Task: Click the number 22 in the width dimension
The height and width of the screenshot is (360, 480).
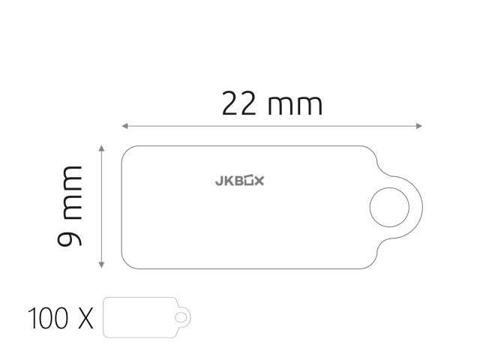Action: click(x=238, y=103)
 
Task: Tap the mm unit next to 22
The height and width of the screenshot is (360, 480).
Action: click(x=295, y=106)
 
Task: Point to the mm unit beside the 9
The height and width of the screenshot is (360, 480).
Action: click(x=72, y=193)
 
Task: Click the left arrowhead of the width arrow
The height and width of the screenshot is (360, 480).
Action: click(x=125, y=126)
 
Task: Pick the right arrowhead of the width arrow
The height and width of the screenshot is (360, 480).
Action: click(x=419, y=126)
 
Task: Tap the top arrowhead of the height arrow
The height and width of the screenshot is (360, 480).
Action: click(x=102, y=148)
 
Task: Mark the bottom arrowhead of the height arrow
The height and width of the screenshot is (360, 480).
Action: click(x=102, y=265)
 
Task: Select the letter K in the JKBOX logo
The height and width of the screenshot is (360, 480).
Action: click(x=229, y=181)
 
